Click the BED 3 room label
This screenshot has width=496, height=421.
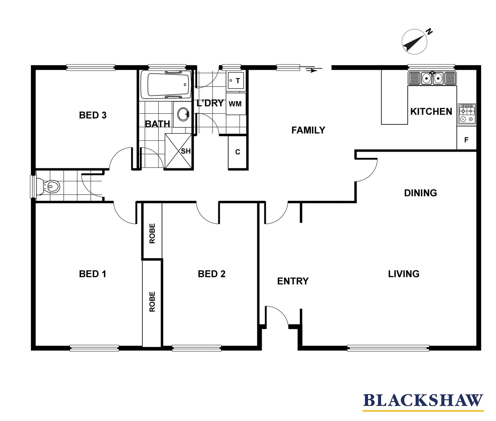pos(93,115)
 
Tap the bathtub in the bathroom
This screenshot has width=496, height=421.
pos(166,85)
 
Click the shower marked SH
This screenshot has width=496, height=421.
pos(179,151)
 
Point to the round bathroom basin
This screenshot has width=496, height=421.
pos(183,114)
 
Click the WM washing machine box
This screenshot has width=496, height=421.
pos(236,104)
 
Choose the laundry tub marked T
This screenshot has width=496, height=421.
pos(236,81)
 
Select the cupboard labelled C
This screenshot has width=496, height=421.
pos(238,152)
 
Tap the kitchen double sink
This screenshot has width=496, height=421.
pos(432,78)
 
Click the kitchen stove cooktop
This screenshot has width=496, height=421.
pos(467,114)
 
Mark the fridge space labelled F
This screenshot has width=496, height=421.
pos(466,140)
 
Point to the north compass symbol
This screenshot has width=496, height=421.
pos(415,42)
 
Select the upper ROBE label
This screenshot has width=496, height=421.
pos(152,233)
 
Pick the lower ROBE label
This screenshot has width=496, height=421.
pos(152,301)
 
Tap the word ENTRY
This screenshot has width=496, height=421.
pos(293,281)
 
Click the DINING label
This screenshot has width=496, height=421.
pos(420,193)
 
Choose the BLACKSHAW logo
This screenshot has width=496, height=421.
pos(423,402)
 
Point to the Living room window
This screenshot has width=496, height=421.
pos(388,347)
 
